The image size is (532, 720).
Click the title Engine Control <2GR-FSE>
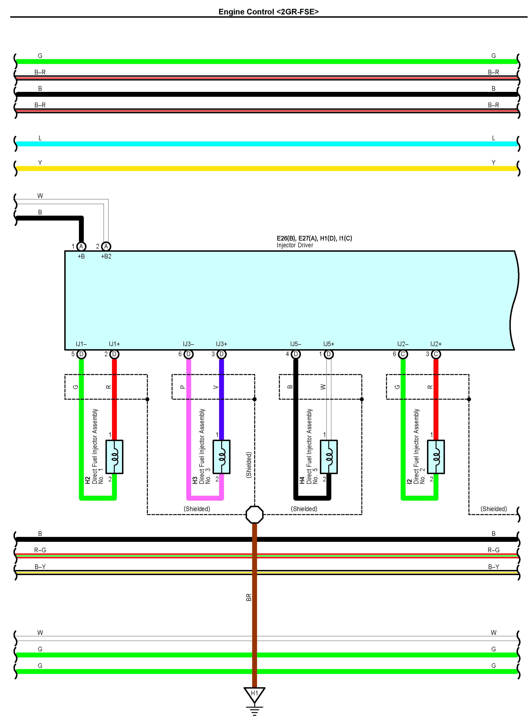click(x=268, y=12)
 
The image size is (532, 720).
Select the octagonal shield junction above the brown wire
click(x=254, y=514)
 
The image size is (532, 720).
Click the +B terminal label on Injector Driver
click(x=81, y=256)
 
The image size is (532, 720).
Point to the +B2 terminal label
click(x=106, y=256)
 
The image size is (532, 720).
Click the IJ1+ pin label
click(x=114, y=344)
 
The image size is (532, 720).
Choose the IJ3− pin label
click(x=188, y=344)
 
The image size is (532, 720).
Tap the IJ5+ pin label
click(x=329, y=344)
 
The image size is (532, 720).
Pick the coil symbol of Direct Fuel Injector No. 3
click(x=221, y=457)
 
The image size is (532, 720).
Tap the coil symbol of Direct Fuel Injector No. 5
click(x=329, y=457)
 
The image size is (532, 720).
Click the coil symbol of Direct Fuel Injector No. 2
click(x=436, y=457)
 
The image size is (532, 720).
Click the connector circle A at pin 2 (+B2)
click(x=106, y=247)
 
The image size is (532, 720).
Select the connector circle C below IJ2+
click(x=436, y=354)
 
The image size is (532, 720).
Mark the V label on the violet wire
click(x=216, y=387)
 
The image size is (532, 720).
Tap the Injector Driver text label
click(x=295, y=245)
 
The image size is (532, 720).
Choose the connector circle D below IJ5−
click(x=296, y=354)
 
